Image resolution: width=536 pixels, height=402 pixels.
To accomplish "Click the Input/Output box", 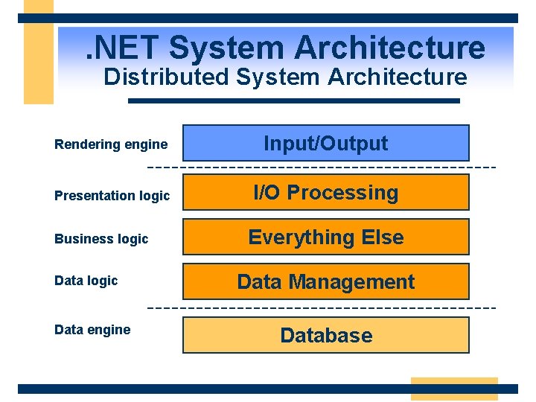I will (x=326, y=143).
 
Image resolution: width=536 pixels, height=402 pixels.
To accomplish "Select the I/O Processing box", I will (x=326, y=192).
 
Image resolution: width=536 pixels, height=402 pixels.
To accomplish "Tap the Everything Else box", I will (x=326, y=237).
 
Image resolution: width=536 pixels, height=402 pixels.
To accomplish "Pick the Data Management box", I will (x=326, y=281).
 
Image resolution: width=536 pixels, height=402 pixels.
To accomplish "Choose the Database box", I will (x=326, y=335).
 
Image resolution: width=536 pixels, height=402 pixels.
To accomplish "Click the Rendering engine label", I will (x=111, y=144).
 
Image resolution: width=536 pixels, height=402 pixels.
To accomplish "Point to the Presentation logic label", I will (x=112, y=196).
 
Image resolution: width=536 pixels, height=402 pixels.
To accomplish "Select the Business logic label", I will (x=101, y=239).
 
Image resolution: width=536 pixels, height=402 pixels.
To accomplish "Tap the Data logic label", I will (x=86, y=281).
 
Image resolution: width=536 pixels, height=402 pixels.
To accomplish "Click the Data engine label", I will (x=92, y=330).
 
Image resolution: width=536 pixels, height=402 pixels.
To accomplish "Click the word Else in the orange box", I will (x=382, y=237).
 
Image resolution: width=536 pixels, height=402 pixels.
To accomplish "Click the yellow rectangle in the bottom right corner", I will (x=454, y=389).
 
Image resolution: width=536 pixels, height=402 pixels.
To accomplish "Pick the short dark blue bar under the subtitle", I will (x=294, y=100).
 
